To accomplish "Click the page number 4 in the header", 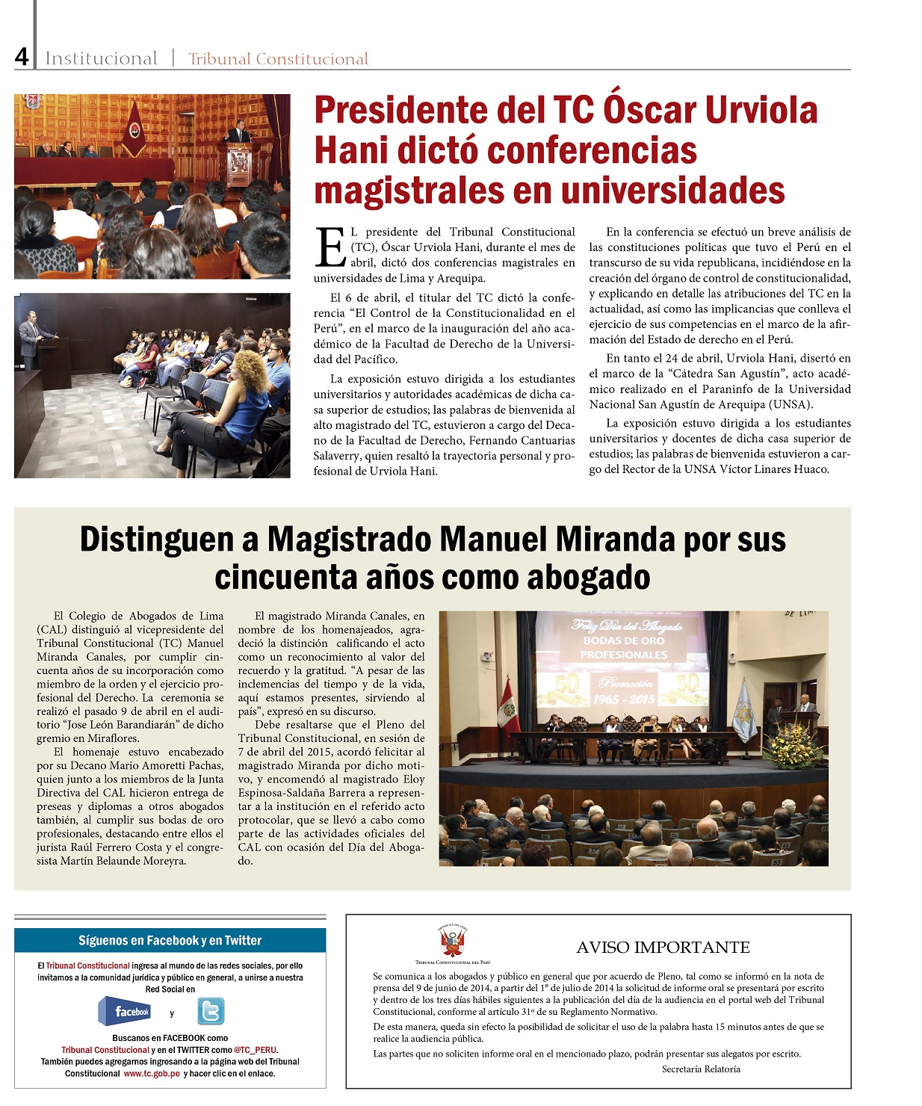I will pyautogui.click(x=22, y=57).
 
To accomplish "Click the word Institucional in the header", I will pyautogui.click(x=101, y=58).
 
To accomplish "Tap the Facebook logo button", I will pyautogui.click(x=125, y=1011).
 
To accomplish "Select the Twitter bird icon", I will pyautogui.click(x=211, y=1011).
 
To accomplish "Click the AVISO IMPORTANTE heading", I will pyautogui.click(x=663, y=947).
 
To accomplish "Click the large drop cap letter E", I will pyautogui.click(x=330, y=247).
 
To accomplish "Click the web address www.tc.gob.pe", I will pyautogui.click(x=152, y=1073).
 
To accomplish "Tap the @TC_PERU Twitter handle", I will pyautogui.click(x=256, y=1049).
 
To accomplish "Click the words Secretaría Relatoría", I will pyautogui.click(x=701, y=1069).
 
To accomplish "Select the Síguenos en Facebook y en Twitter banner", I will pyautogui.click(x=170, y=940).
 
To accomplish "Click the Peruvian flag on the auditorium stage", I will pyautogui.click(x=509, y=705).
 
